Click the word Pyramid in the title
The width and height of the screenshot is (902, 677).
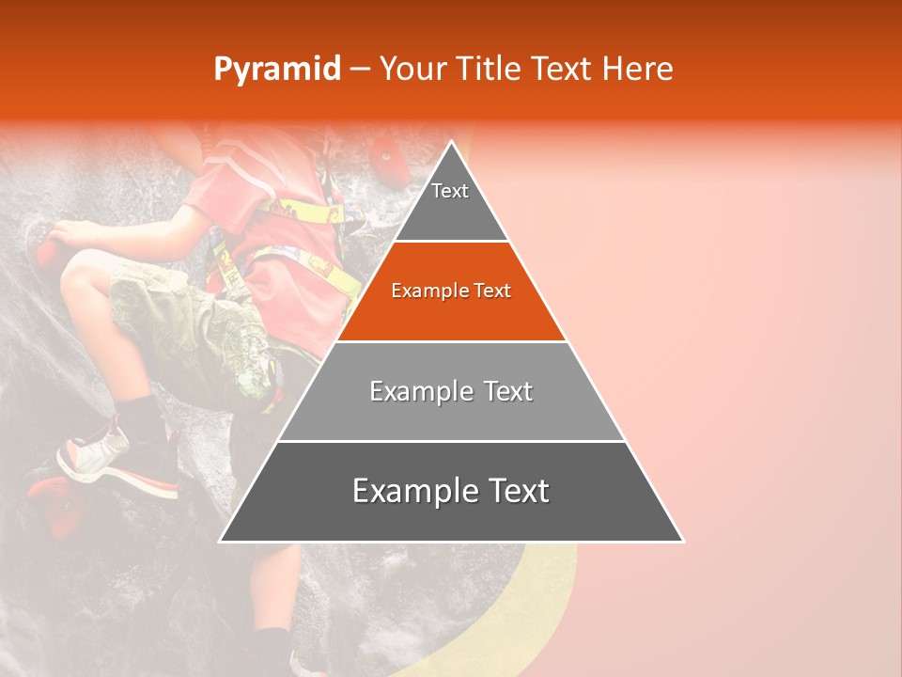pos(276,70)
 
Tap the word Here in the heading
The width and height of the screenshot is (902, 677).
pos(638,70)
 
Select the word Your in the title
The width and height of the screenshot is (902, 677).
pos(413,70)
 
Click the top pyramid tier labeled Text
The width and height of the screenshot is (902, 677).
pos(450,197)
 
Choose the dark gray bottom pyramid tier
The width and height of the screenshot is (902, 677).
pos(451,493)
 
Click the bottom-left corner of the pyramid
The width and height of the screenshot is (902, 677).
pos(222,541)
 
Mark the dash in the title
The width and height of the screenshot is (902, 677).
pos(360,70)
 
